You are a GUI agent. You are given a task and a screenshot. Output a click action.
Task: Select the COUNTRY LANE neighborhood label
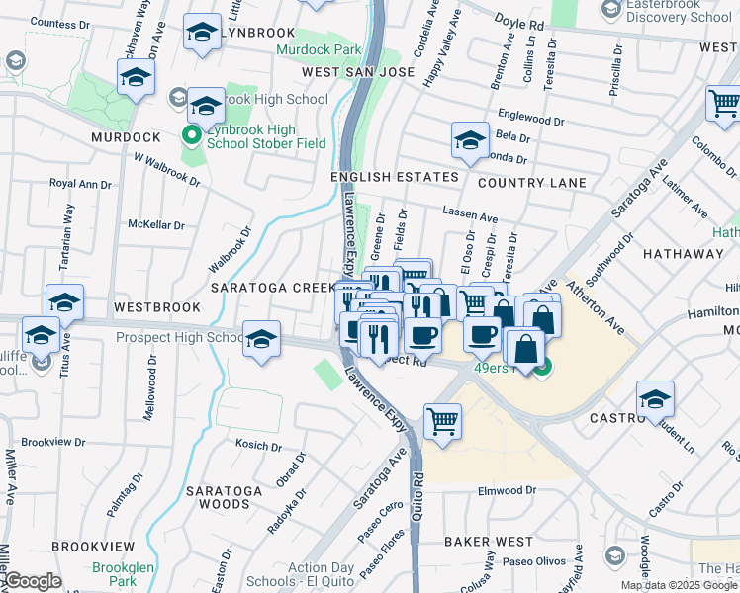click(532, 183)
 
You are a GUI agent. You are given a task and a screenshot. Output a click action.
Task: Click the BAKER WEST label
click(489, 542)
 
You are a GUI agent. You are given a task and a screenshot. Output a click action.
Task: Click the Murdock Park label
click(319, 48)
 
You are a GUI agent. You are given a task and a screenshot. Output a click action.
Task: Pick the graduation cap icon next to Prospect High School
click(260, 339)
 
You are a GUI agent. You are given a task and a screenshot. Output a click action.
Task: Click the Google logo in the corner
click(32, 580)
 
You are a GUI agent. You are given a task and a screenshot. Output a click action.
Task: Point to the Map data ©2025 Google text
click(679, 585)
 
